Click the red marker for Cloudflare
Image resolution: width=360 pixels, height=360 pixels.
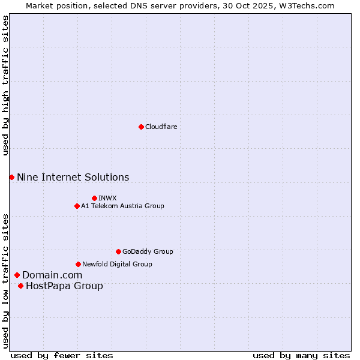pyautogui.click(x=141, y=127)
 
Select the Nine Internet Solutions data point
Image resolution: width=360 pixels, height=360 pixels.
pyautogui.click(x=11, y=177)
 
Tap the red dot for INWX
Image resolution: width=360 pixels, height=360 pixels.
pyautogui.click(x=94, y=198)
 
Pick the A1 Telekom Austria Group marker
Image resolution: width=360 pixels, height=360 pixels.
pyautogui.click(x=77, y=206)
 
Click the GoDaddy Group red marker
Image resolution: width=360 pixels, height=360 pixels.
pyautogui.click(x=118, y=251)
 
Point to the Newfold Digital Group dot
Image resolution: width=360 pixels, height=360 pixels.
pyautogui.click(x=78, y=264)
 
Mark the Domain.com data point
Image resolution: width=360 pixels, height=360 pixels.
pyautogui.click(x=17, y=275)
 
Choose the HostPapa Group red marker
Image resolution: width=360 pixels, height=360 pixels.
pyautogui.click(x=20, y=286)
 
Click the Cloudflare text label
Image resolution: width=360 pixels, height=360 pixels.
pyautogui.click(x=161, y=127)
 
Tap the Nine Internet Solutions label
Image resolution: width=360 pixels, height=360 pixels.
pyautogui.click(x=73, y=177)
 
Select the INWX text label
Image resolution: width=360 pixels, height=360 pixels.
pyautogui.click(x=107, y=198)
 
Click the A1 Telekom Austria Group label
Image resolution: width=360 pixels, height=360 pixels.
pyautogui.click(x=122, y=206)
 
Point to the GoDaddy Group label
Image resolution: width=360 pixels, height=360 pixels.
pyautogui.click(x=148, y=251)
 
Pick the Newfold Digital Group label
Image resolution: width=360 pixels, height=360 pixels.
pyautogui.click(x=117, y=264)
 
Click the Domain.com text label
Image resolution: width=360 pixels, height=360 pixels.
pyautogui.click(x=52, y=275)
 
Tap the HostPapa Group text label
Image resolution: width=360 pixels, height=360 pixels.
pyautogui.click(x=64, y=286)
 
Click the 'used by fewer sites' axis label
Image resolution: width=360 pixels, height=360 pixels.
pyautogui.click(x=62, y=355)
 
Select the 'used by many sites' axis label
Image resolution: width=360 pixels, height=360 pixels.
pyautogui.click(x=301, y=355)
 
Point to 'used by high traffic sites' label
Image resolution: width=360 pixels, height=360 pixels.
pyautogui.click(x=5, y=85)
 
